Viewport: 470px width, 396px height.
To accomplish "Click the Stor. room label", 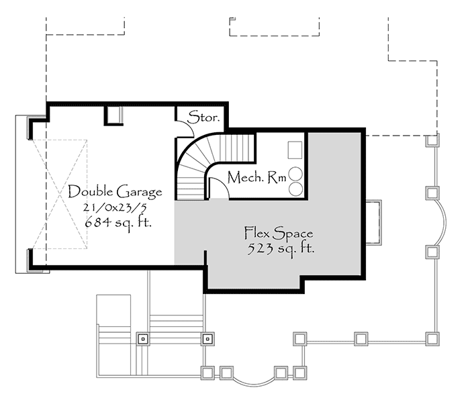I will click(203, 116).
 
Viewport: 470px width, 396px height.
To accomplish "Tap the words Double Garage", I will click(115, 192).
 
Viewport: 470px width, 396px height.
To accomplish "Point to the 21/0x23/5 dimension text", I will click(114, 207).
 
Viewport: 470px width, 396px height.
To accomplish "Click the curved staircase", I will click(201, 161).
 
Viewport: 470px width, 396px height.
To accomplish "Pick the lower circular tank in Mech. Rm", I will click(295, 189).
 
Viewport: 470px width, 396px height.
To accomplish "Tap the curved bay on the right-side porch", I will click(443, 222).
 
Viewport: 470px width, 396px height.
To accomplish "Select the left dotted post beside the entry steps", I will click(142, 338).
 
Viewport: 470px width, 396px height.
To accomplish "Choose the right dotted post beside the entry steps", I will click(207, 338).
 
